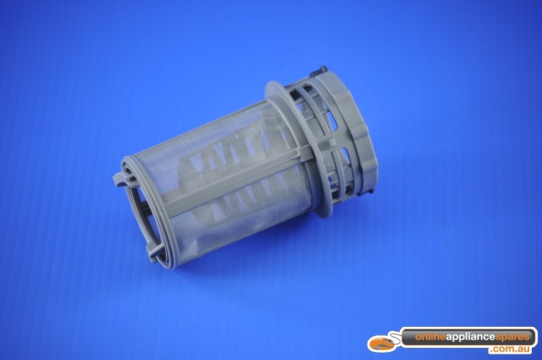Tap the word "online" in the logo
[x=430, y=337]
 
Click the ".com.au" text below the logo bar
[x=510, y=350]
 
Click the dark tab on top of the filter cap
[x=318, y=71]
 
